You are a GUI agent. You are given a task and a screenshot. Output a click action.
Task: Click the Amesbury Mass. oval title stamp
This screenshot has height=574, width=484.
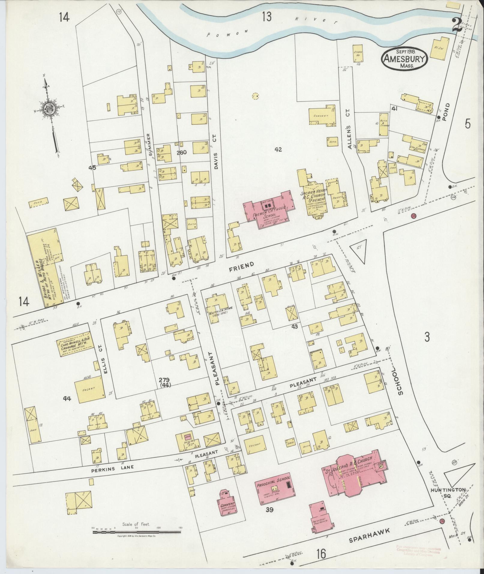[404, 59]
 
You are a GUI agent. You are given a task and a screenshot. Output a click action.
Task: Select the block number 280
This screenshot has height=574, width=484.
[182, 152]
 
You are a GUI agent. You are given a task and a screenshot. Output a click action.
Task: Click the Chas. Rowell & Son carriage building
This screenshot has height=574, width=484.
[74, 344]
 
